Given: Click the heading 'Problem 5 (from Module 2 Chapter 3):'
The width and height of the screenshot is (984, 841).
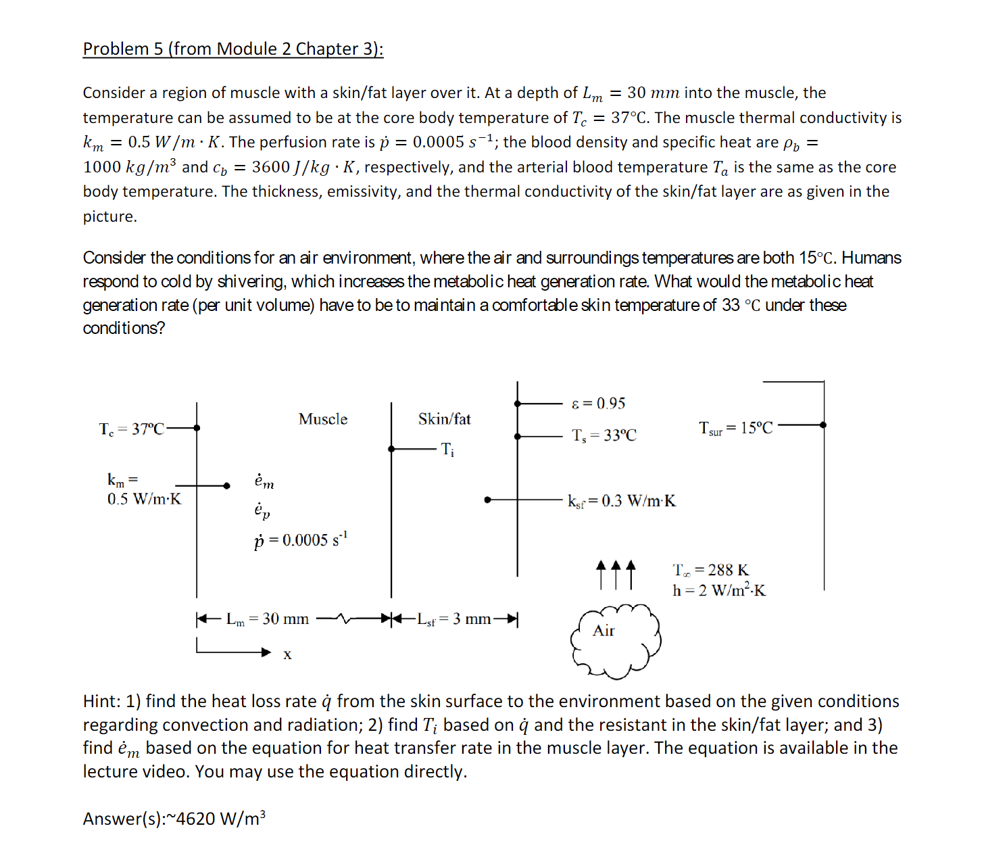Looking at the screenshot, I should click(232, 49).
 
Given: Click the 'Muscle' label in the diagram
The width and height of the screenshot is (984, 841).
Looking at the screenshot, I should click(323, 419).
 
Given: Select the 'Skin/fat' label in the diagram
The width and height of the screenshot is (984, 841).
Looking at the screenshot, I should click(444, 419).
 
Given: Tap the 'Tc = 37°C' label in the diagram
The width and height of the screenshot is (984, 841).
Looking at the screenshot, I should click(131, 429).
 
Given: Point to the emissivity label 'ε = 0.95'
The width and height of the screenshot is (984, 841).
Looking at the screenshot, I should click(598, 404).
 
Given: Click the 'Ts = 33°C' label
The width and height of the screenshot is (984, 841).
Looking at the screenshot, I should click(604, 435).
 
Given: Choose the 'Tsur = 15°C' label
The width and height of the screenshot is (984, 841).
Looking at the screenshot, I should click(735, 428).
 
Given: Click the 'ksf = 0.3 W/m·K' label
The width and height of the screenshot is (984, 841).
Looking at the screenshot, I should click(621, 501).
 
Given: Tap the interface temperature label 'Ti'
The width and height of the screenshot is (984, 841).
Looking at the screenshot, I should click(447, 449).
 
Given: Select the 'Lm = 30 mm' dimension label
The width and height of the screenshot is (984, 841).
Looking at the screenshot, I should click(268, 619).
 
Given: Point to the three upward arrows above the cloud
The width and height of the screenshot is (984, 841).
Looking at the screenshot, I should click(616, 574).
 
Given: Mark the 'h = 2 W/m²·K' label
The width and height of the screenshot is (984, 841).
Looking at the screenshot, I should click(719, 590).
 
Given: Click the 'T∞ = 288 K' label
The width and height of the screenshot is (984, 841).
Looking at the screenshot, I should click(711, 570).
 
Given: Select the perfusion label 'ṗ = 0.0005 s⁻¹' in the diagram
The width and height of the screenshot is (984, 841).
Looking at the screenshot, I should click(301, 539).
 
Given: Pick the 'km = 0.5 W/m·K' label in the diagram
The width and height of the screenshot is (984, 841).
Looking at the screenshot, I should click(144, 490).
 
